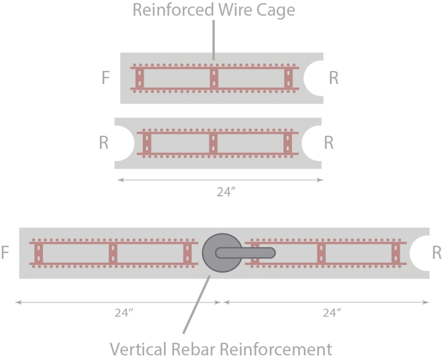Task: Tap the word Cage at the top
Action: [x=275, y=10]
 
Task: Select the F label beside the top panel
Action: [x=106, y=78]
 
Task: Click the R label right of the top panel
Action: [x=333, y=78]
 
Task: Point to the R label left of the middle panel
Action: [x=104, y=143]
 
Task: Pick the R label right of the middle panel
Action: [x=329, y=143]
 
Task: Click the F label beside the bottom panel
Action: [x=5, y=253]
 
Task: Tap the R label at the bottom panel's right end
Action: [x=436, y=253]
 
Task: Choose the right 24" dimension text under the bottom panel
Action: [x=332, y=313]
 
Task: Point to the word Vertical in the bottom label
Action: [x=138, y=349]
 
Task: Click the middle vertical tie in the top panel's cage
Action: [x=214, y=78]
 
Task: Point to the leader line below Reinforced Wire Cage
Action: [x=213, y=38]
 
